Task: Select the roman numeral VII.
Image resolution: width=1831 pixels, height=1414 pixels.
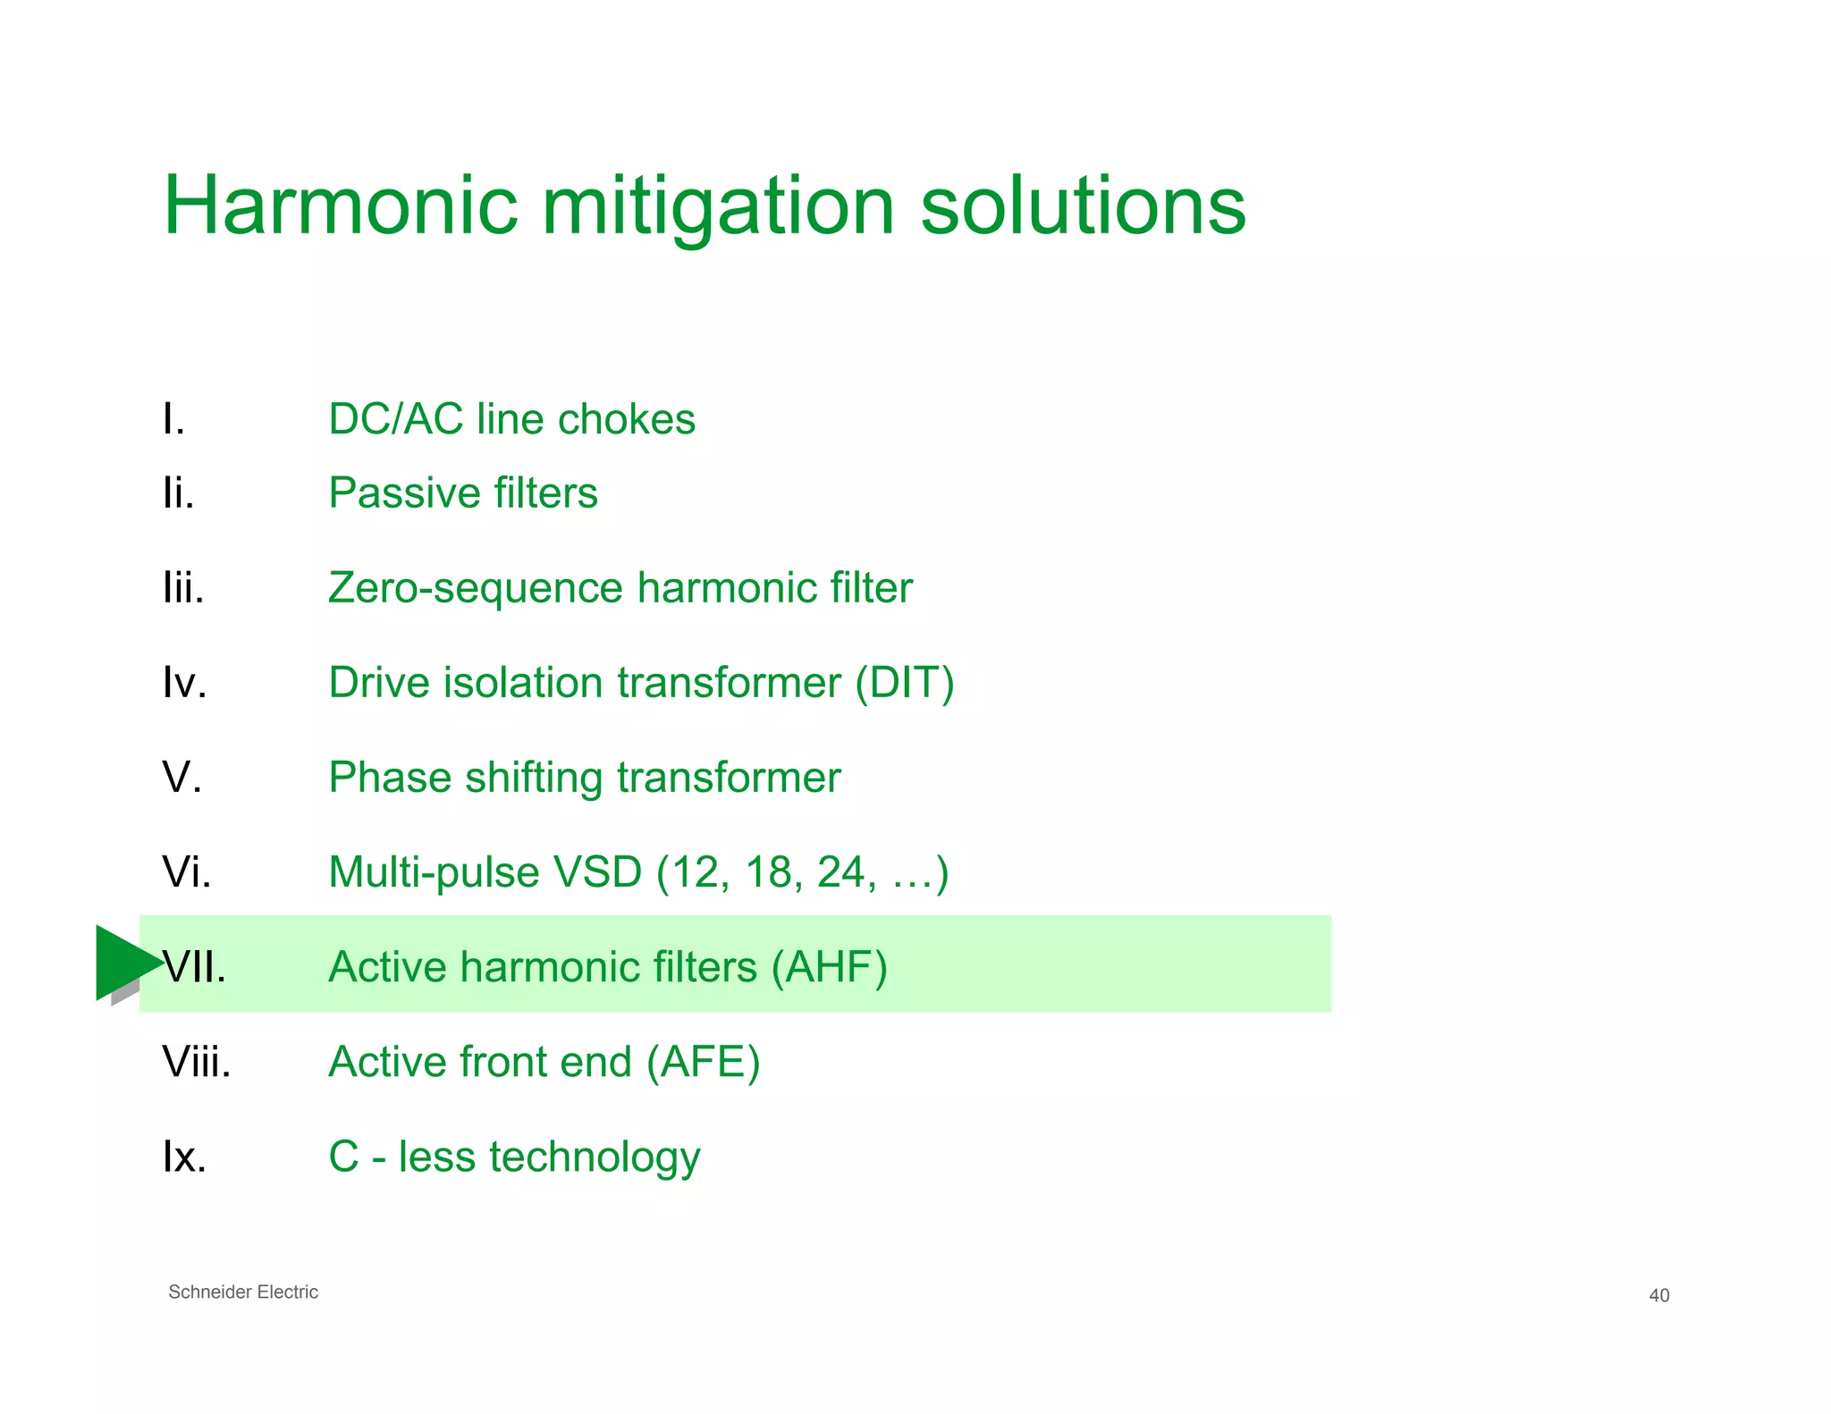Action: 194,967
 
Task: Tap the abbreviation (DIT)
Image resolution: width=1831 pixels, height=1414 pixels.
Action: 904,683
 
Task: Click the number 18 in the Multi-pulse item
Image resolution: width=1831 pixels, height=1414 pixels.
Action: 767,872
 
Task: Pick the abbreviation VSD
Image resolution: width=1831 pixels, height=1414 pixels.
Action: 597,872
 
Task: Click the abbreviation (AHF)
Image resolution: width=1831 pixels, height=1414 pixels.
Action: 829,967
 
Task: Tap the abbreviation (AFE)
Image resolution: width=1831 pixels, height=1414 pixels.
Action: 703,1062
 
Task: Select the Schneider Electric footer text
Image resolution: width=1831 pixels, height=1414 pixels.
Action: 242,1292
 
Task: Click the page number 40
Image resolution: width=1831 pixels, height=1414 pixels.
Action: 1658,1295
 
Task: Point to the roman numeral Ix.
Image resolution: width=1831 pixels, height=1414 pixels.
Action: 184,1157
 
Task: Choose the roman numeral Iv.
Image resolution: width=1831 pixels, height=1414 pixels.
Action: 184,683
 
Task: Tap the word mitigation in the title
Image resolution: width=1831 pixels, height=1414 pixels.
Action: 718,207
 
